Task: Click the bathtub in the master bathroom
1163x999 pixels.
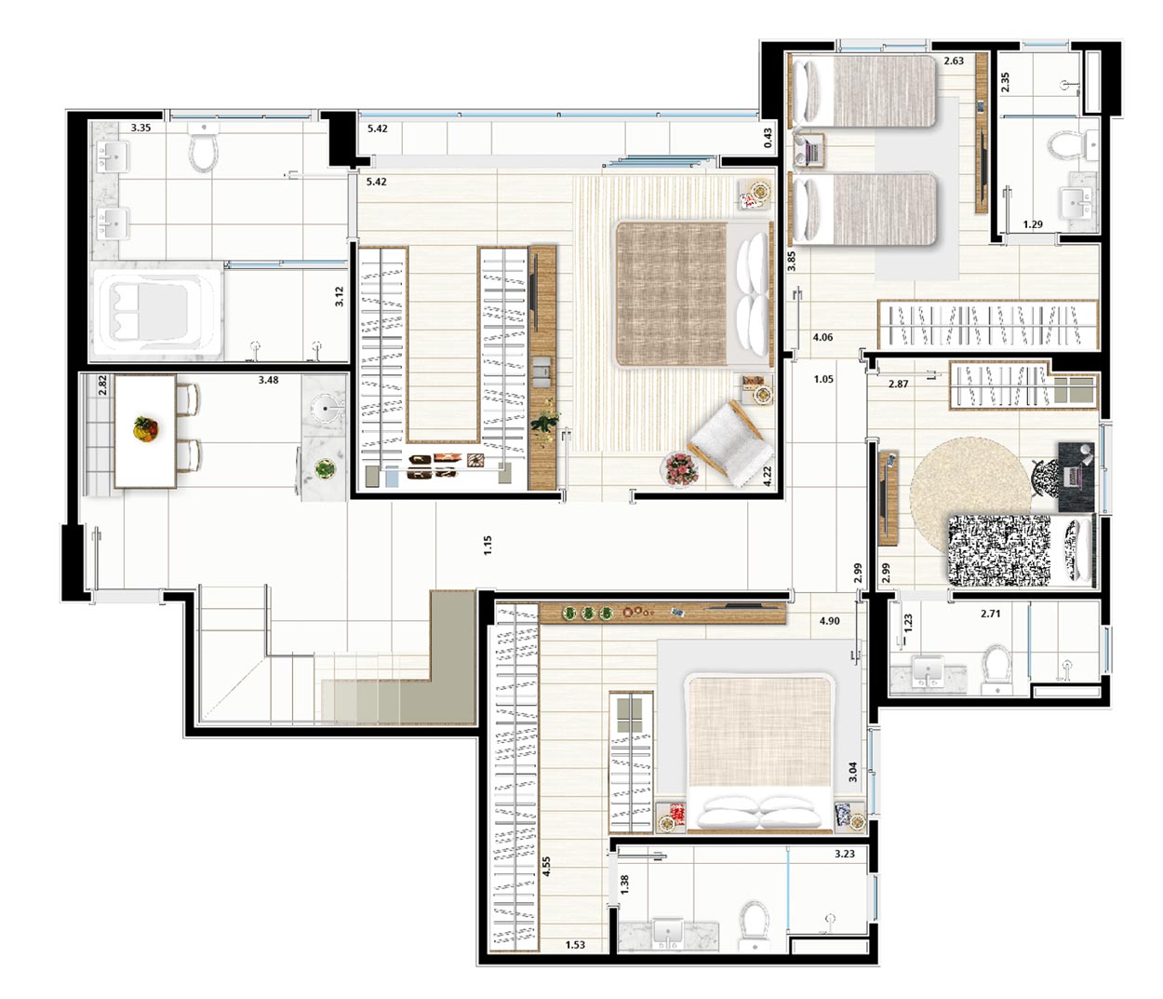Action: click(157, 312)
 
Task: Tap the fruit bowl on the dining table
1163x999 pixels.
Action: click(146, 428)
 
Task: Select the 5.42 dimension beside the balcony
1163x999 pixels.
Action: click(378, 128)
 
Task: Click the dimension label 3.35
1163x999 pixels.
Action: click(140, 128)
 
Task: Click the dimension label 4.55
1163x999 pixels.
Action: click(546, 867)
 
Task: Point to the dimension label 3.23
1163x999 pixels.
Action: click(845, 854)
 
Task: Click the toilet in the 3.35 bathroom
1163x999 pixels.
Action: click(203, 146)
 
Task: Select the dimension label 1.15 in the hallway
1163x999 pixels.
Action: click(488, 545)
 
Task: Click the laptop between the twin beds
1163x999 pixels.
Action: click(810, 151)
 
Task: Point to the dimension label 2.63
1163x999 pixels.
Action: click(954, 61)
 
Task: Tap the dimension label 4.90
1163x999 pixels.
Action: click(829, 621)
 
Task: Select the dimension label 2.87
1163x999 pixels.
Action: click(898, 385)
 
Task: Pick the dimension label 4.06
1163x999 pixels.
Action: click(822, 337)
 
